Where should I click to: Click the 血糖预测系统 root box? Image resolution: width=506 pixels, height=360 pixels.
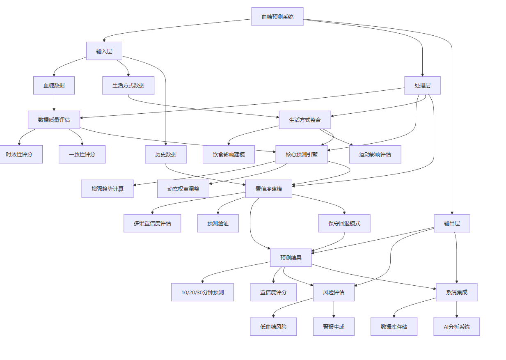tap(277, 16)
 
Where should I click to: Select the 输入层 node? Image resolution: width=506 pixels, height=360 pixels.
tap(104, 51)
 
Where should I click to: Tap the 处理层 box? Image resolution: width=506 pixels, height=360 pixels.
tap(422, 85)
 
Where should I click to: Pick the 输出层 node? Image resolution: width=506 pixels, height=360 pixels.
tap(452, 223)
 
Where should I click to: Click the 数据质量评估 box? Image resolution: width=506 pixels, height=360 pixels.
tap(54, 120)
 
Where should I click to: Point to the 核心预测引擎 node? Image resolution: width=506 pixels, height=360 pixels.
tap(301, 154)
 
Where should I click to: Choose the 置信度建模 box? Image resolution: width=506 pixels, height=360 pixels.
tap(268, 189)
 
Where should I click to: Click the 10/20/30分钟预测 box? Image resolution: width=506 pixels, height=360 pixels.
tap(202, 292)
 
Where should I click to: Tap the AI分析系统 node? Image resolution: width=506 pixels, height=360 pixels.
tap(456, 327)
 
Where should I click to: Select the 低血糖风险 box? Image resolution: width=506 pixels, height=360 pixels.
tap(273, 327)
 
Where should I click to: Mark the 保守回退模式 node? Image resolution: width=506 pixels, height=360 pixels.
tap(344, 223)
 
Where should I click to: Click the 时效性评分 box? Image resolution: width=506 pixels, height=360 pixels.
tap(20, 154)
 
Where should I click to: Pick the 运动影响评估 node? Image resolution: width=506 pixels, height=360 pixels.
tap(375, 154)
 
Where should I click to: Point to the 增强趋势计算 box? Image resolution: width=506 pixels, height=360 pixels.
tap(107, 189)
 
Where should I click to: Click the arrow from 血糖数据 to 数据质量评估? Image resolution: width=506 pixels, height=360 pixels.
tap(54, 103)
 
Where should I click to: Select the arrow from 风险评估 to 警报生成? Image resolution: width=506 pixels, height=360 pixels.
tap(334, 310)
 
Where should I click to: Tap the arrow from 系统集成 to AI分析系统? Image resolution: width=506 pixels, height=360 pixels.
tap(456, 310)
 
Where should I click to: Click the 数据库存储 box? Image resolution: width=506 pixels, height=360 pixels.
tap(394, 327)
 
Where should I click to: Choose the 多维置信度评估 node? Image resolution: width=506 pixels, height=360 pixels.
tap(152, 223)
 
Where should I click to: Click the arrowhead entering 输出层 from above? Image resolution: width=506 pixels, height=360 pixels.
tap(452, 213)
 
